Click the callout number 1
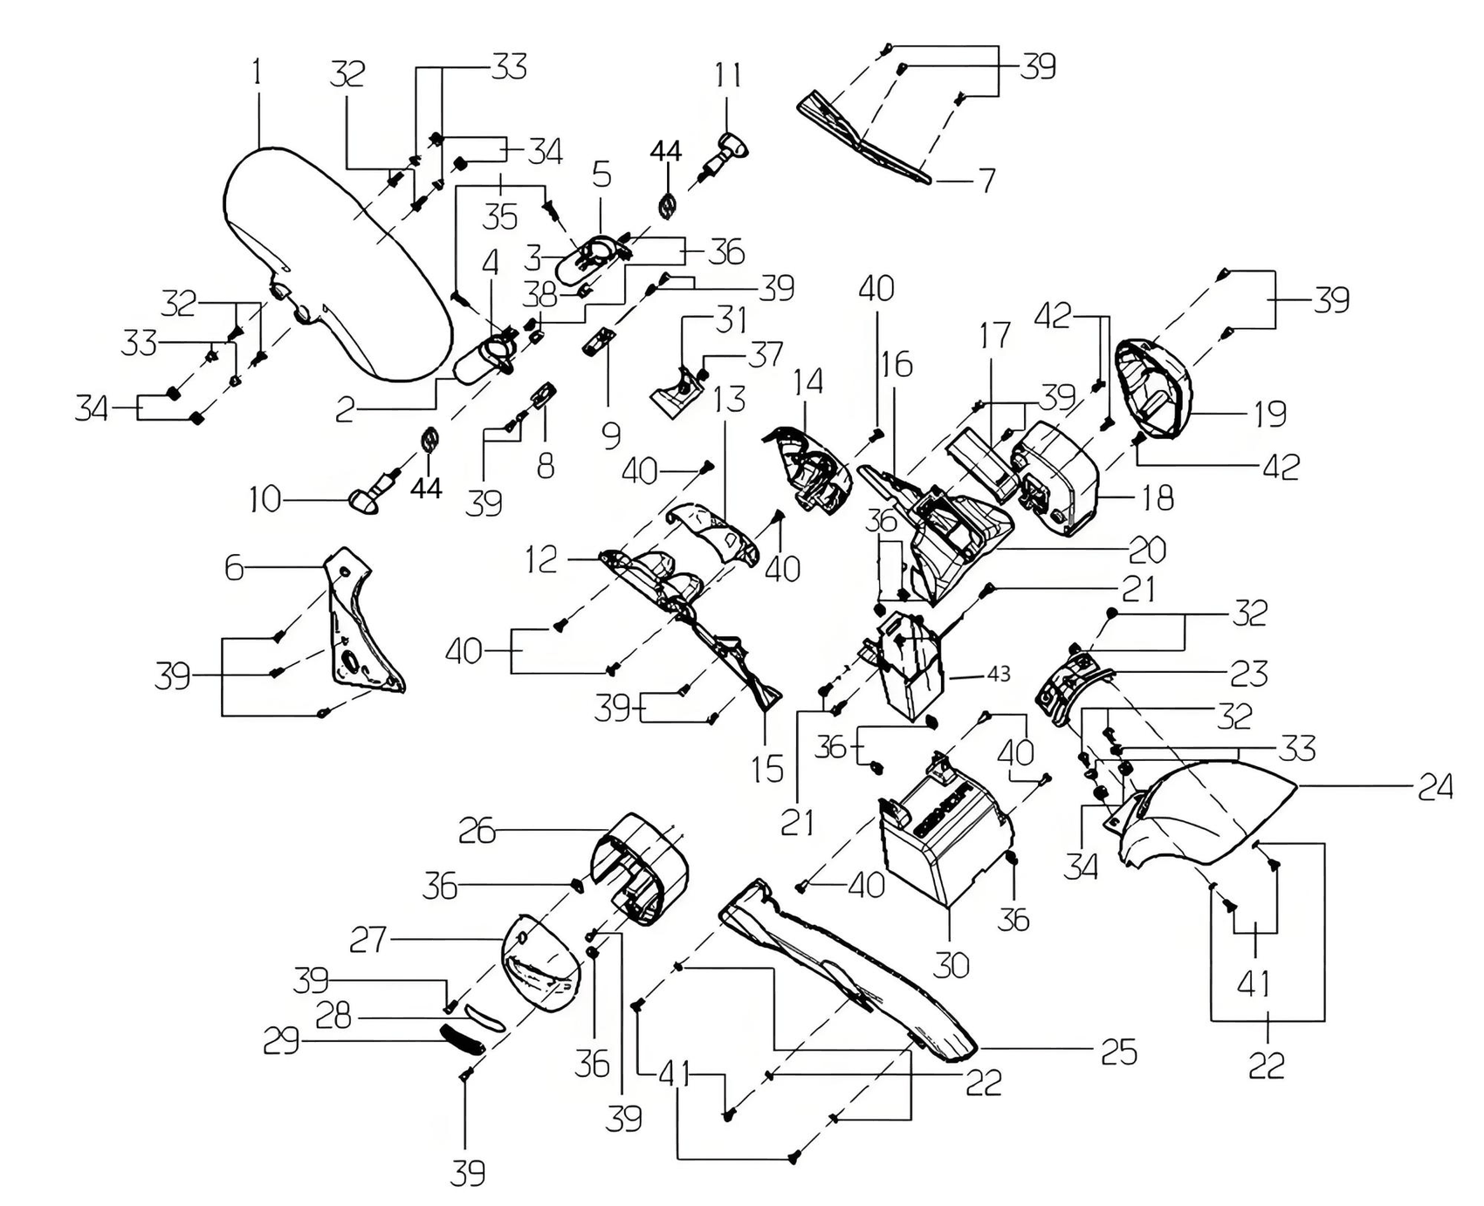tap(257, 73)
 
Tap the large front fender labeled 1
tap(336, 262)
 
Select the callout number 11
tap(729, 75)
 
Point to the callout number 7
tap(987, 181)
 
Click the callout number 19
tap(1270, 414)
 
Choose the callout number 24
tap(1434, 787)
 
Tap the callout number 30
tap(951, 964)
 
